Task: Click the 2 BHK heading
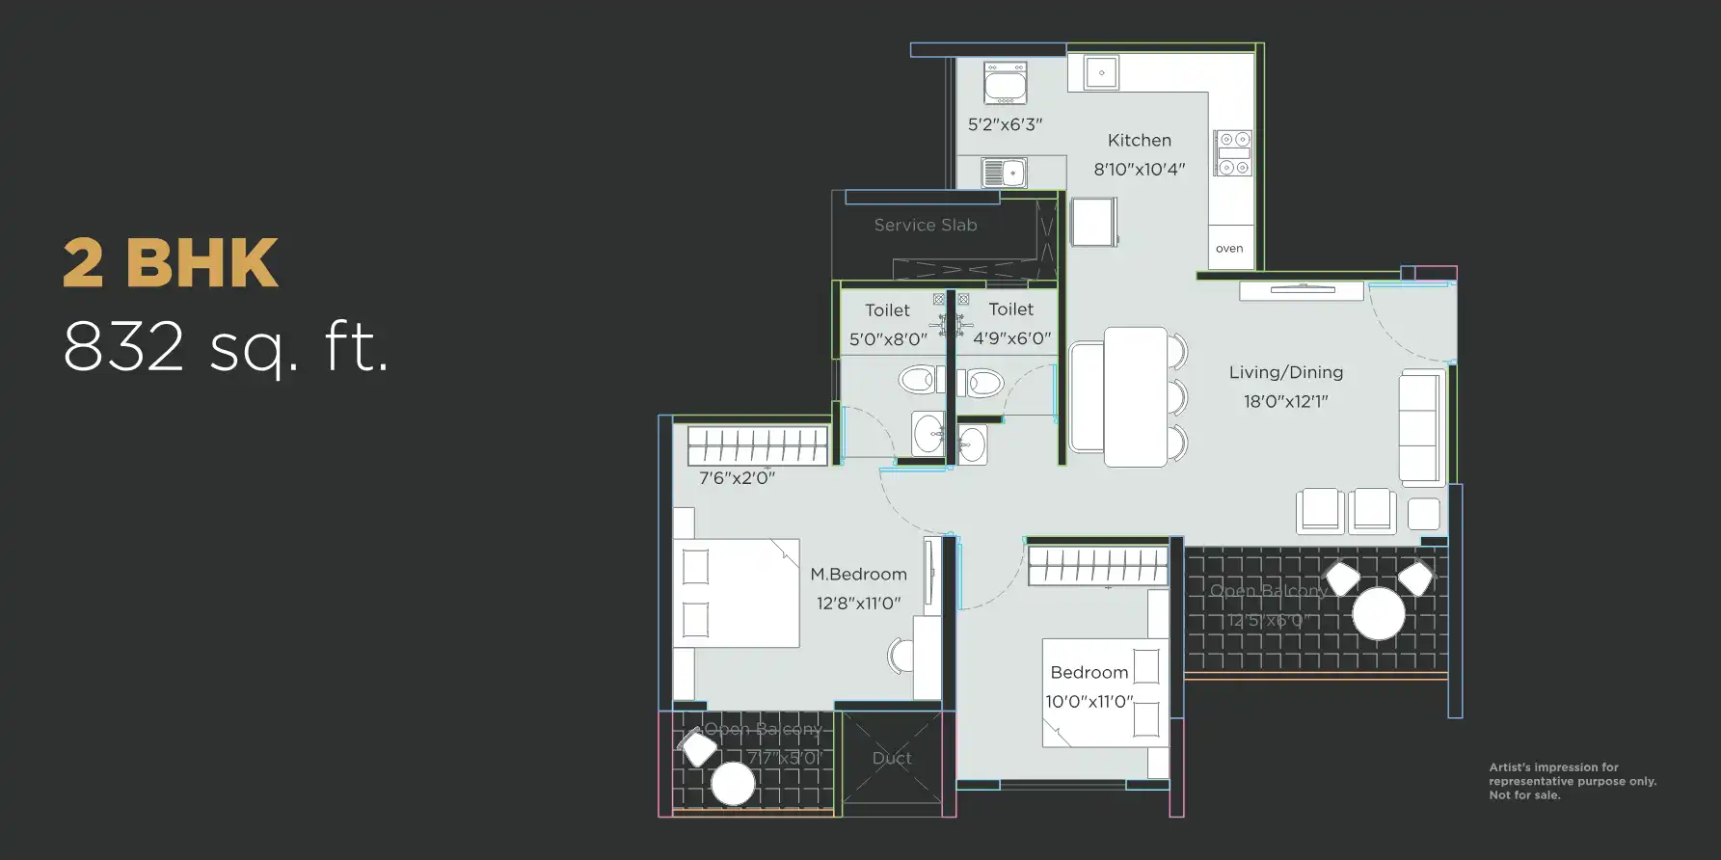tap(171, 262)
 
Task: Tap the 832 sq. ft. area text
tap(226, 347)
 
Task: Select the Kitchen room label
tap(1139, 141)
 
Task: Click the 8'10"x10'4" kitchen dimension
tap(1139, 170)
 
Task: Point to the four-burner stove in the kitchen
tap(1232, 153)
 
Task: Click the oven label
tap(1229, 249)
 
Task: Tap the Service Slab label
tap(925, 225)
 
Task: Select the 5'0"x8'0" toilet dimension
tap(887, 339)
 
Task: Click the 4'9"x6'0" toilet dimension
tap(1011, 338)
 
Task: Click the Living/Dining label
tap(1285, 372)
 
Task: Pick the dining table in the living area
tap(1135, 397)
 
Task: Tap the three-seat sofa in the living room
tap(1419, 427)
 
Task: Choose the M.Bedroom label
tap(858, 575)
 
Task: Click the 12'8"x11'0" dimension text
tap(858, 604)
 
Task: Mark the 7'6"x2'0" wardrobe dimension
tap(737, 478)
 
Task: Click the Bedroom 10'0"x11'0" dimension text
tap(1089, 702)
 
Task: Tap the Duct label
tap(892, 758)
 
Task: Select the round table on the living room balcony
tap(1378, 613)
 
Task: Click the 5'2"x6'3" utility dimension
tap(1005, 124)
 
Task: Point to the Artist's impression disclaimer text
tap(1572, 781)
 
